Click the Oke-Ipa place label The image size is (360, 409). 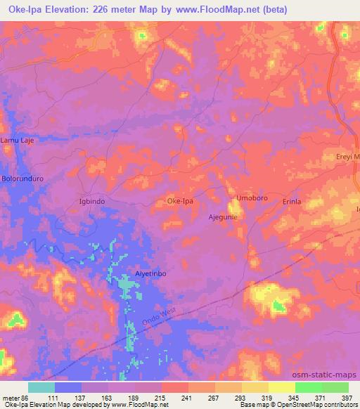pyautogui.click(x=180, y=201)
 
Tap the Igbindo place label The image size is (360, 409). pyautogui.click(x=91, y=201)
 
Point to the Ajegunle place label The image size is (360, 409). pyautogui.click(x=223, y=216)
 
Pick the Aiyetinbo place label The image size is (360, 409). pyautogui.click(x=150, y=274)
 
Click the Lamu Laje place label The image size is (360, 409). pyautogui.click(x=17, y=141)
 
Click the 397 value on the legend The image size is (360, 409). pyautogui.click(x=347, y=398)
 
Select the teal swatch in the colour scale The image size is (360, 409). pyautogui.click(x=41, y=387)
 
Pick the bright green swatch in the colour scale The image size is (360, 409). pyautogui.click(x=308, y=387)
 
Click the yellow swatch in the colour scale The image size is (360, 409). pyautogui.click(x=282, y=387)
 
